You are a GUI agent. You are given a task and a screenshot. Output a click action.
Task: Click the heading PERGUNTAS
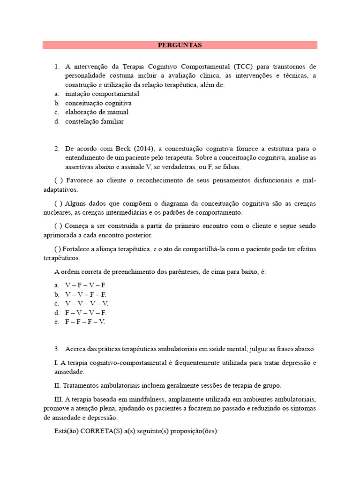click(x=180, y=45)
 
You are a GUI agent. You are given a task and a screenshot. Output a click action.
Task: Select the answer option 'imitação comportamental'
click(x=102, y=94)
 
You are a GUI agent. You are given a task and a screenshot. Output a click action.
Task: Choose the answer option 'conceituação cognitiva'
click(x=98, y=103)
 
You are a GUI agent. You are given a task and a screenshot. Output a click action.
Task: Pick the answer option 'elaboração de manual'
click(x=97, y=112)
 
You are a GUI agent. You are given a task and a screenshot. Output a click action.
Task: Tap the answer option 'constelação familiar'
click(x=94, y=122)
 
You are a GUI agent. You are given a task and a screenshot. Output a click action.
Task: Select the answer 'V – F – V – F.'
click(x=86, y=285)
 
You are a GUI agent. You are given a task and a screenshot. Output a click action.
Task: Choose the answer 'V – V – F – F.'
click(x=86, y=294)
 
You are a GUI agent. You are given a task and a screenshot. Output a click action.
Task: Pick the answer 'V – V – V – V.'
click(x=87, y=304)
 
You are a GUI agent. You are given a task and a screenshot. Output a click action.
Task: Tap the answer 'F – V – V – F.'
click(x=86, y=313)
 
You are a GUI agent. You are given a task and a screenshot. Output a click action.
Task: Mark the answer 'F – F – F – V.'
click(x=85, y=322)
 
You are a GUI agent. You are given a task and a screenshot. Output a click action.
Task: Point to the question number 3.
click(x=56, y=349)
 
